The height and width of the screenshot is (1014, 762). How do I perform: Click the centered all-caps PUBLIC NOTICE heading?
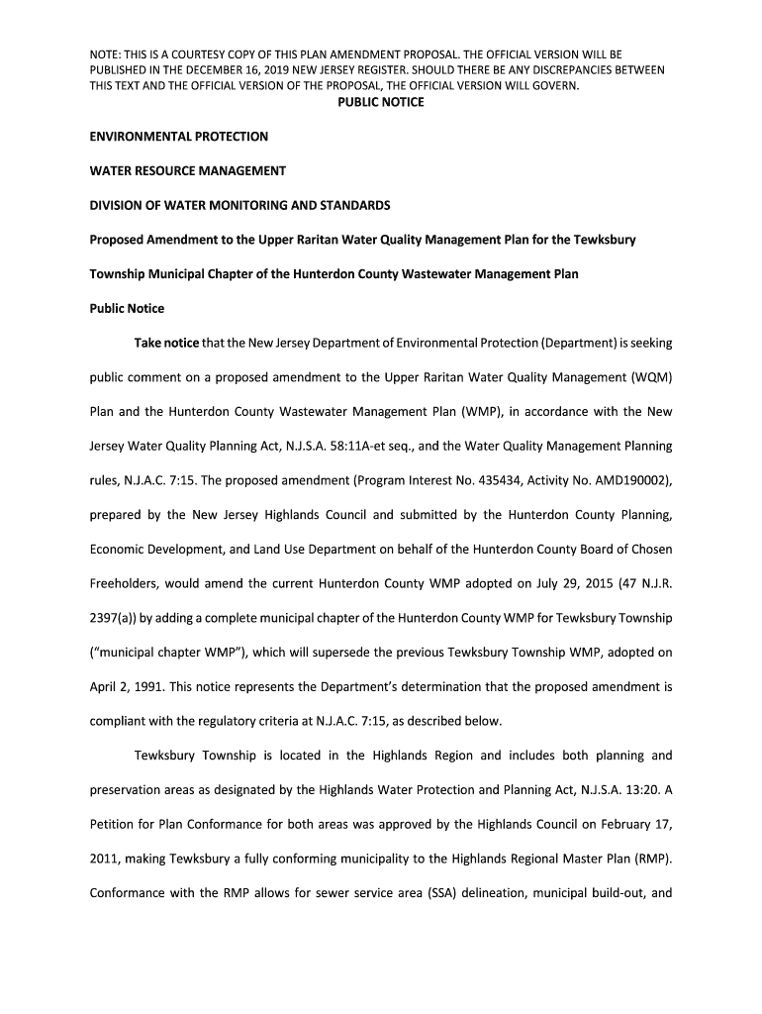[381, 102]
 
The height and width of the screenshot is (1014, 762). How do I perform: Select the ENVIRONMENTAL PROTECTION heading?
[179, 137]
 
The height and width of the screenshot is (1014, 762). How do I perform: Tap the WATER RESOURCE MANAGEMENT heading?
[188, 171]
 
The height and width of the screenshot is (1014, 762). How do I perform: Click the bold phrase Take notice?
[166, 343]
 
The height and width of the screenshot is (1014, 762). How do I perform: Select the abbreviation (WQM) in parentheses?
[650, 377]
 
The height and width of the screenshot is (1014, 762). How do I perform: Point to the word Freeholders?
[127, 584]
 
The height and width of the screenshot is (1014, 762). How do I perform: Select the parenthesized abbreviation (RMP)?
[650, 859]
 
